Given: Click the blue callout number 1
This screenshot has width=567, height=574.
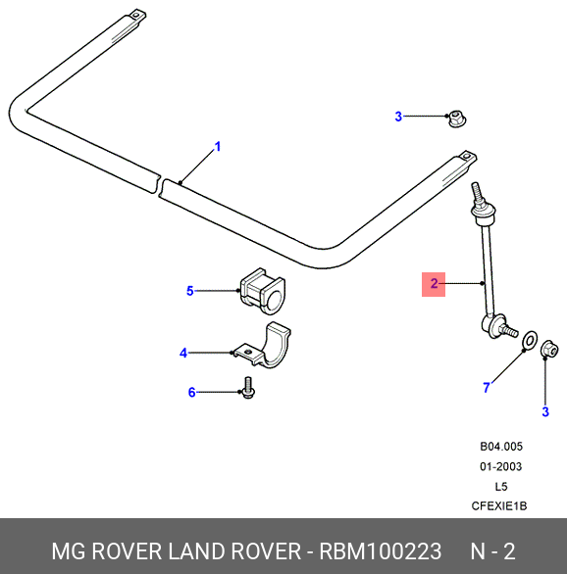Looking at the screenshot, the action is point(218,147).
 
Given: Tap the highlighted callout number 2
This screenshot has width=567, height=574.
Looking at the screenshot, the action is point(434,284).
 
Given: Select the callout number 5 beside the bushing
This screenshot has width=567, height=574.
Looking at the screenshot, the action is point(190,291).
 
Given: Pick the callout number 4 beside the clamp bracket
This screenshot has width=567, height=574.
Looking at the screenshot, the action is point(183,354).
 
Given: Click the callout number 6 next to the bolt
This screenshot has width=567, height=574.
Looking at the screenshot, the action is point(191,393).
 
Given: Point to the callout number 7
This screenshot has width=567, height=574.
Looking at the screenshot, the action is point(487,387).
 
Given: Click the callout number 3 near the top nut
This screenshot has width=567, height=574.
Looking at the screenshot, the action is point(398,117).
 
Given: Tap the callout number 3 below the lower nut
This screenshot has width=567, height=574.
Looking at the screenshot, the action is point(545,411).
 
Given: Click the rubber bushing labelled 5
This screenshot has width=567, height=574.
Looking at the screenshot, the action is point(263,292).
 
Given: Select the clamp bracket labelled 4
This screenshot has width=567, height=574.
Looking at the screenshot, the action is point(265,346).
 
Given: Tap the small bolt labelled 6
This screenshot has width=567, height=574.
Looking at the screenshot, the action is point(248,389).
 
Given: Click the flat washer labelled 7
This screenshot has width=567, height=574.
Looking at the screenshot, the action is point(530,340).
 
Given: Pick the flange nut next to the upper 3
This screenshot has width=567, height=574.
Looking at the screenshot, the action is point(456,119).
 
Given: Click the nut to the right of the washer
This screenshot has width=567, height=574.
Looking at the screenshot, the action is point(549,350).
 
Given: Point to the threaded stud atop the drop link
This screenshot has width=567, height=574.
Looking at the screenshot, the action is point(477,193).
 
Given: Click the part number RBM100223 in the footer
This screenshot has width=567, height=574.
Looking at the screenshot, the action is point(381,551).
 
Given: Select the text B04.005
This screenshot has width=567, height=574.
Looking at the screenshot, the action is point(501,447).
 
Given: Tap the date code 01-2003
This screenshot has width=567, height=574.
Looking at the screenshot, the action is point(500,466).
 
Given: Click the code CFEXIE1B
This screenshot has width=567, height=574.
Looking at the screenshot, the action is point(499,506).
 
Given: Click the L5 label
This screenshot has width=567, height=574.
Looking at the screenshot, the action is point(501,487).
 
